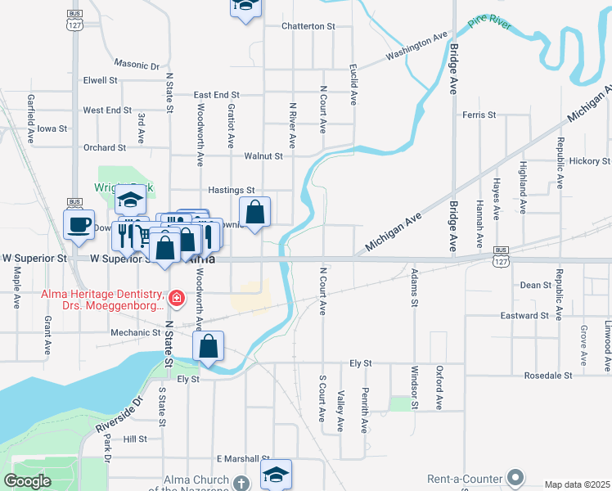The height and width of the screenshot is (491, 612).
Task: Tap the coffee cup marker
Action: point(79,225)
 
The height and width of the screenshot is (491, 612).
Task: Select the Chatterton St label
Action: point(308,26)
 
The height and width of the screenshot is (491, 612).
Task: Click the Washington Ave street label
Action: point(418,47)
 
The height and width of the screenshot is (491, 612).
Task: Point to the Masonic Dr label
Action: point(137,64)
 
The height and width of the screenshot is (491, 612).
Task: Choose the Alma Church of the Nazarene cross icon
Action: point(241,484)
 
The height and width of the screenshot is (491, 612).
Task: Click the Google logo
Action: point(28,481)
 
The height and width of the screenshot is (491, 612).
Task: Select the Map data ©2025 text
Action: point(577,484)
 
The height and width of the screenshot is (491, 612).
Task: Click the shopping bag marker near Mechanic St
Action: point(209,347)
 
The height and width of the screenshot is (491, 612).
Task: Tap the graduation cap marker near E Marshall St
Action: point(276,474)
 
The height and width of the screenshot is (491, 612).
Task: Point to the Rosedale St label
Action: point(570,375)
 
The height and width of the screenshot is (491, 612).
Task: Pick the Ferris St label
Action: point(479,115)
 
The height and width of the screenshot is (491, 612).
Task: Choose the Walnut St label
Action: point(263,155)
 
